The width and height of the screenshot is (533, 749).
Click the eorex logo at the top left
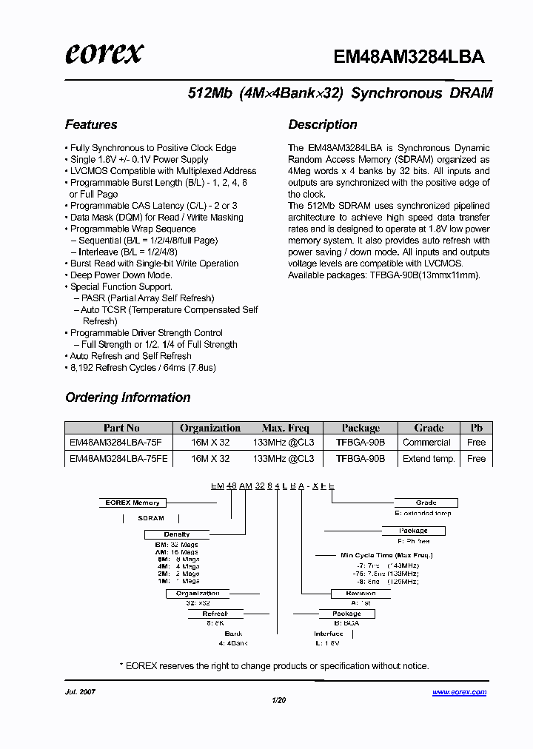[104, 53]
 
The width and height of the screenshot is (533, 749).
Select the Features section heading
[91, 124]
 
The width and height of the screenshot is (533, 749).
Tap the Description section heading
[323, 124]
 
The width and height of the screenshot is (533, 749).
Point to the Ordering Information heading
[128, 397]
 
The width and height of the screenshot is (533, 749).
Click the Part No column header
[121, 428]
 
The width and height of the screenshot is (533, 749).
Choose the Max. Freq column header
[285, 428]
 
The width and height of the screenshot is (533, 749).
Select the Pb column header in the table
[476, 428]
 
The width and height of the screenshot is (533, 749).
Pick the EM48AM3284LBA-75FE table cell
[118, 459]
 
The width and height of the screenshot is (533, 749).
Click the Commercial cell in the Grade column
[426, 443]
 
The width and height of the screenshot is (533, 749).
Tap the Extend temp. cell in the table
[429, 459]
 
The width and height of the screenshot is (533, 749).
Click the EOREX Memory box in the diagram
[132, 503]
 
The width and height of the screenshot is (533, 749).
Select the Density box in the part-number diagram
[176, 534]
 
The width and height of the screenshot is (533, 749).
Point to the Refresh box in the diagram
[215, 614]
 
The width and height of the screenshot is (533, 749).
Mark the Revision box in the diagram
[361, 594]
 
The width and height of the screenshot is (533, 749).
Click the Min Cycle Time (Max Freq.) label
[386, 555]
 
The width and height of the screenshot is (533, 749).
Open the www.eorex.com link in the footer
[459, 693]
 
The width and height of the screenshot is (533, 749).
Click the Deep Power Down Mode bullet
[121, 275]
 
